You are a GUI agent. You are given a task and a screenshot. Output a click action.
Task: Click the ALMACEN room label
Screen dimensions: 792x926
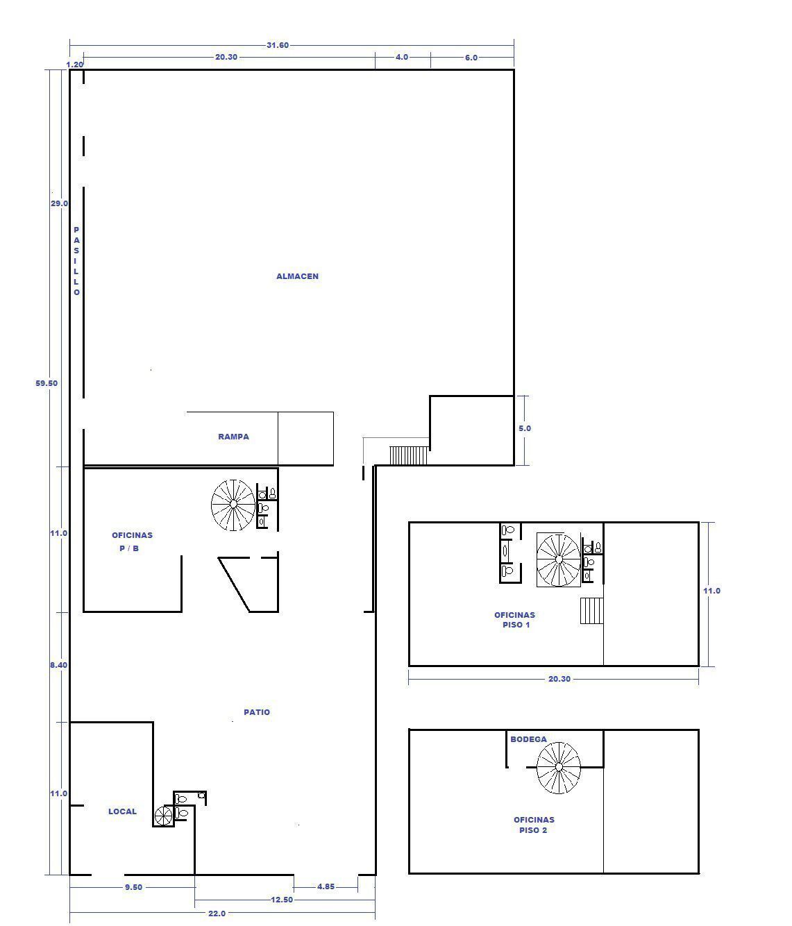(x=297, y=276)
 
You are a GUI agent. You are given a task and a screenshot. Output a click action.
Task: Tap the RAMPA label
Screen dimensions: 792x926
(x=233, y=437)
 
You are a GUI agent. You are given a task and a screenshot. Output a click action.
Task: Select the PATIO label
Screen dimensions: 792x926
(x=257, y=712)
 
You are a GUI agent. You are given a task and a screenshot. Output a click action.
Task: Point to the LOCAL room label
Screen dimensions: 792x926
(x=122, y=811)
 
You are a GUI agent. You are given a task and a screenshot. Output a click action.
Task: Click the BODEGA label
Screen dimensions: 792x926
(x=529, y=739)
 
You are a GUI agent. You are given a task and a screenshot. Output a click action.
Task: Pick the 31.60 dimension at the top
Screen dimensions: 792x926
(x=278, y=45)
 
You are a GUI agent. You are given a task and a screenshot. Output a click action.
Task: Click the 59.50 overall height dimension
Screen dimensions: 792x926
(x=47, y=383)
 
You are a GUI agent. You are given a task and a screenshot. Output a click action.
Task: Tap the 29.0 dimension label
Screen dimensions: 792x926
(x=59, y=203)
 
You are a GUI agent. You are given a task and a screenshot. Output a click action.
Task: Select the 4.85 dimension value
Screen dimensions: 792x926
(x=326, y=886)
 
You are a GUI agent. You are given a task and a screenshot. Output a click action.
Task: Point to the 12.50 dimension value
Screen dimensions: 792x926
(x=282, y=900)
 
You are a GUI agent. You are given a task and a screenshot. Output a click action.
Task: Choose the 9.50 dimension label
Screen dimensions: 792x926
(x=133, y=887)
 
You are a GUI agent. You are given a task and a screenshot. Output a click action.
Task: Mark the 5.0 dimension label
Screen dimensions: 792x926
(x=525, y=428)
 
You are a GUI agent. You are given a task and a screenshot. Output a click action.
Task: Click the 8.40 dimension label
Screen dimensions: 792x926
(x=59, y=665)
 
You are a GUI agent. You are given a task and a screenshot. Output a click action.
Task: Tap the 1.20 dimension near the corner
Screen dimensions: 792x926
(x=75, y=65)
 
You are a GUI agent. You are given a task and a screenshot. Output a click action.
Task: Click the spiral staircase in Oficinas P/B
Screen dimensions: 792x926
(x=233, y=505)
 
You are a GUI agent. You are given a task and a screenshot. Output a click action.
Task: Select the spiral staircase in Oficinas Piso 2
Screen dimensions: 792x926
(x=559, y=768)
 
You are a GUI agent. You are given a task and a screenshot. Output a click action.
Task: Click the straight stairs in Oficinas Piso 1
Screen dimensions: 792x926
(x=592, y=611)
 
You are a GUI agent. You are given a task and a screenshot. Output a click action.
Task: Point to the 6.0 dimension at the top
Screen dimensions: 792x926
(x=471, y=58)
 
